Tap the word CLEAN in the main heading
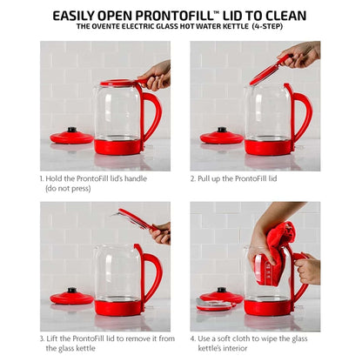285,16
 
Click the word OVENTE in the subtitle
103,26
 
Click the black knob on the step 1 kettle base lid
72,130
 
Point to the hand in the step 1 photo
155,76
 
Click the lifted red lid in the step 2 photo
268,70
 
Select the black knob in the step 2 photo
222,130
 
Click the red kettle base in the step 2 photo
267,147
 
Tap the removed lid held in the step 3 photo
135,219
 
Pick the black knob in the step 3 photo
72,290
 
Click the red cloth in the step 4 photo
277,254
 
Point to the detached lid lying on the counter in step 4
215,305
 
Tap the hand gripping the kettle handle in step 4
308,271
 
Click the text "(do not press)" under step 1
68,189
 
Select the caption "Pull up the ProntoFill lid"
238,178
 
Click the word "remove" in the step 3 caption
140,339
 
